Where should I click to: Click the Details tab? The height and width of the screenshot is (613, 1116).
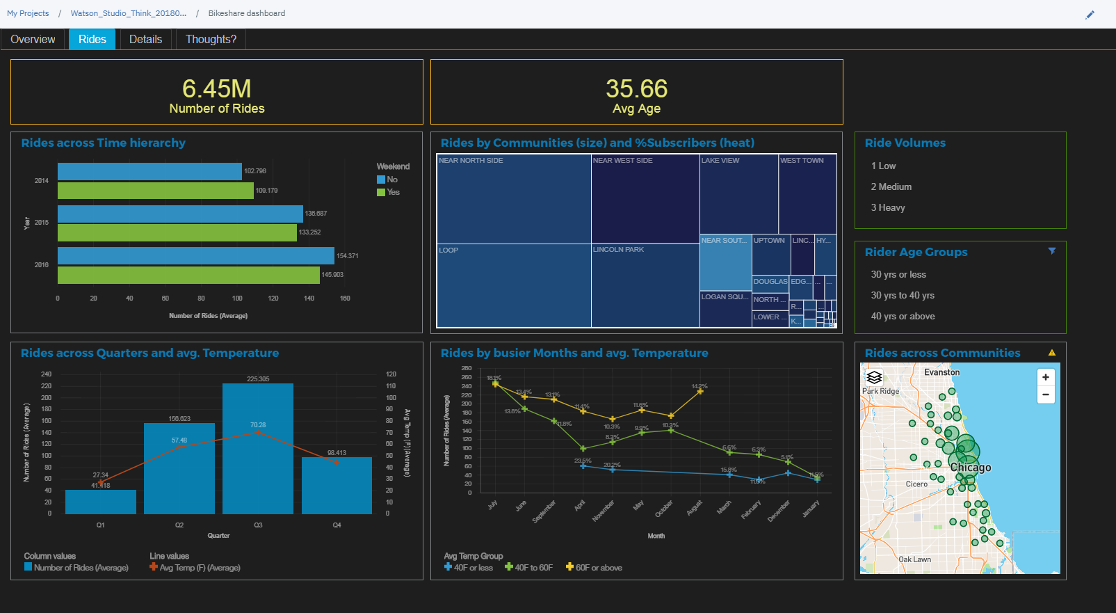click(x=145, y=39)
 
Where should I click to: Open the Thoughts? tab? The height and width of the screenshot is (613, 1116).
click(x=211, y=39)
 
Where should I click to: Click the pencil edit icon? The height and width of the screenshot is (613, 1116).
click(x=1090, y=15)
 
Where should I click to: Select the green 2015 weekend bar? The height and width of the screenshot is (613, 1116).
click(x=177, y=232)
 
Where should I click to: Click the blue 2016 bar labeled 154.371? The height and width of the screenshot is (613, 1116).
click(x=195, y=255)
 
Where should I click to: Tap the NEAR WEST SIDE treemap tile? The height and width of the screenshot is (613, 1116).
click(x=645, y=198)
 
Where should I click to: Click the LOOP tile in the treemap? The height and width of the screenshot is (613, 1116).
click(x=513, y=285)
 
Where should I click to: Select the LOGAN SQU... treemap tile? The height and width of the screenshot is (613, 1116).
click(x=725, y=309)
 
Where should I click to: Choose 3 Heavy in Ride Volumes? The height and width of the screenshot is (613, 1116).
click(x=888, y=207)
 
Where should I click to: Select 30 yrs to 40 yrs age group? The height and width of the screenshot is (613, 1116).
click(x=903, y=295)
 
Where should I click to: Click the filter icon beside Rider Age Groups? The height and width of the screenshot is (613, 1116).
click(x=1052, y=251)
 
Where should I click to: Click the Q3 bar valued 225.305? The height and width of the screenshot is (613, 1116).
click(x=257, y=452)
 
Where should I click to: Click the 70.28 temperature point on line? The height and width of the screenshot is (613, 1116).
click(x=258, y=432)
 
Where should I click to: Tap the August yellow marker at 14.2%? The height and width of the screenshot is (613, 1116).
click(x=699, y=391)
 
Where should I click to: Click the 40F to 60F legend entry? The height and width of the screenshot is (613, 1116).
click(x=529, y=567)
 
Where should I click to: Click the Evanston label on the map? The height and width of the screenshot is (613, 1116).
click(x=941, y=372)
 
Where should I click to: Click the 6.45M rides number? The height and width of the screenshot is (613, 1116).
click(x=216, y=88)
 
